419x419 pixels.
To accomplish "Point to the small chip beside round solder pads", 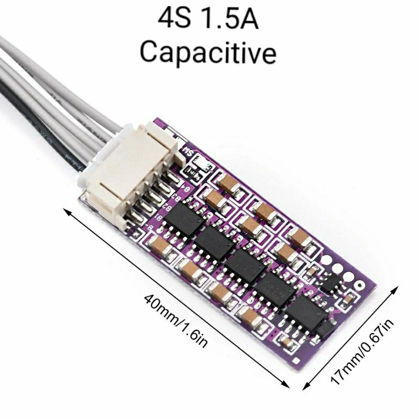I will pos(331,282).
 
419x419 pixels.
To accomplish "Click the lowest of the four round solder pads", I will pos(359,286).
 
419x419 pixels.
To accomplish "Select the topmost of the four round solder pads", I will pos(328,258).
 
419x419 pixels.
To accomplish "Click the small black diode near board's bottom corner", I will pos(325,329).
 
